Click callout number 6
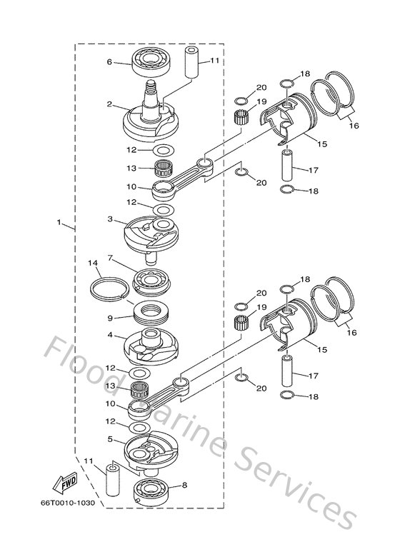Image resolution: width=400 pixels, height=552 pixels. (x=110, y=62)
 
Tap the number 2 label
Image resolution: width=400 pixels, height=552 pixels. (x=109, y=104)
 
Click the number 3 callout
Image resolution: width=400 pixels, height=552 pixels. (x=109, y=219)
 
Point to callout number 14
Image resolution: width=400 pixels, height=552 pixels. (x=93, y=264)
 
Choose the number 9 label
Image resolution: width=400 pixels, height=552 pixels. (x=110, y=318)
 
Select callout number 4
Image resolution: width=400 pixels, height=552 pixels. (x=109, y=334)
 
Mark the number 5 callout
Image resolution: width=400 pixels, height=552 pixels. (x=110, y=439)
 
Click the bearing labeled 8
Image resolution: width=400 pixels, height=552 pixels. (x=154, y=491)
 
